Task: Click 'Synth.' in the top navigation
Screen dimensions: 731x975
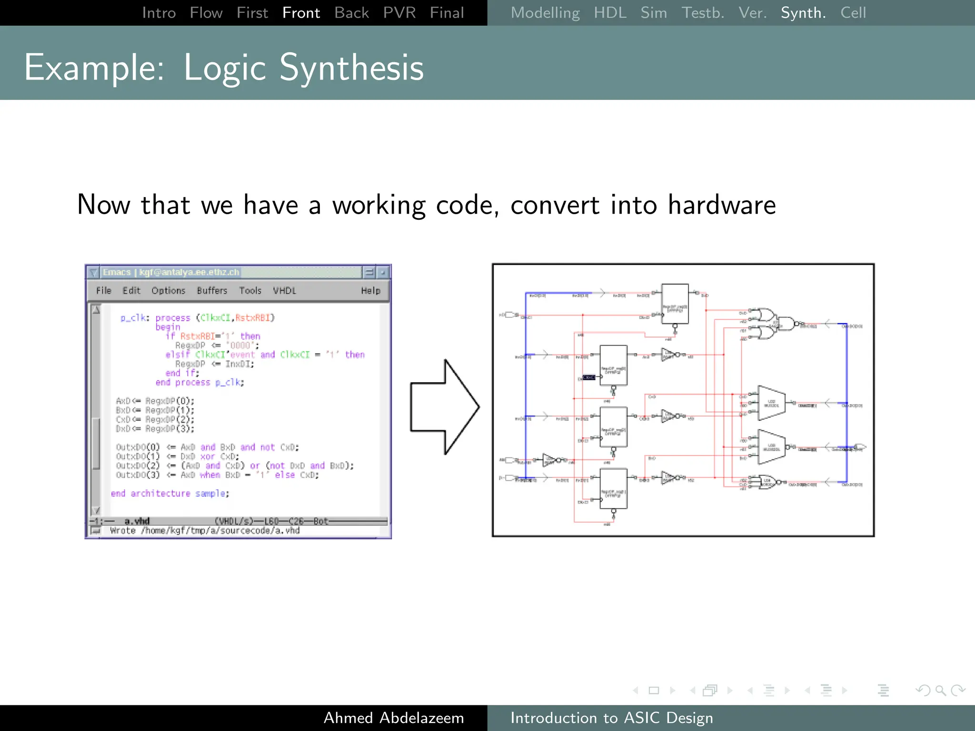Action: point(803,13)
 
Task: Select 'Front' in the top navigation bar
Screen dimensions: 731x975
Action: point(301,13)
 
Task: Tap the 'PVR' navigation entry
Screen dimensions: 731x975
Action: point(399,13)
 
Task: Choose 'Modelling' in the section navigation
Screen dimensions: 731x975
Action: point(545,13)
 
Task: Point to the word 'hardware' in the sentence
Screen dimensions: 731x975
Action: point(721,205)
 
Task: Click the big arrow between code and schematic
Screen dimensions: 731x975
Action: point(445,407)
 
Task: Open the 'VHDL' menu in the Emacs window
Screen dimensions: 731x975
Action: point(284,291)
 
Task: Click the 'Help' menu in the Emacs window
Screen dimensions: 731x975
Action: point(370,291)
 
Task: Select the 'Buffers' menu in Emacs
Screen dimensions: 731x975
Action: point(212,291)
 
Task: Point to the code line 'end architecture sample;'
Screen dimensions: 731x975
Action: point(170,494)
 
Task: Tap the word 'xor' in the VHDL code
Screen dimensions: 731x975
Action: point(207,456)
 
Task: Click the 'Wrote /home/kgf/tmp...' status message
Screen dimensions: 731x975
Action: point(205,531)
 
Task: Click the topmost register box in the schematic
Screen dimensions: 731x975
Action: point(675,304)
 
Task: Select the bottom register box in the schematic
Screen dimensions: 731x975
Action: point(613,489)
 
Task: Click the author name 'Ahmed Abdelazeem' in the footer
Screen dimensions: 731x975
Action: point(394,718)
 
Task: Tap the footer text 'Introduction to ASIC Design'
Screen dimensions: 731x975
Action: point(611,718)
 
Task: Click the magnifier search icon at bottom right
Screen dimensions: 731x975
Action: point(940,690)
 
